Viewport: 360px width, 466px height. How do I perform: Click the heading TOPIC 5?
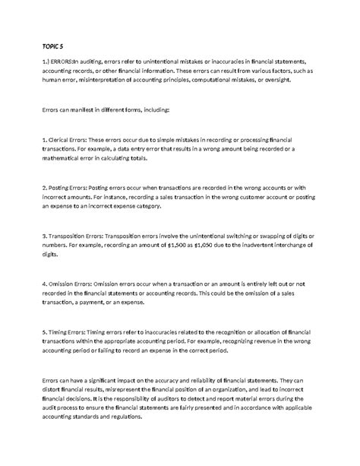(x=52, y=46)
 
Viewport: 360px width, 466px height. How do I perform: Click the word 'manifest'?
(x=83, y=109)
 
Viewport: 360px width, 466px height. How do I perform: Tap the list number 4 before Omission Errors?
(x=44, y=282)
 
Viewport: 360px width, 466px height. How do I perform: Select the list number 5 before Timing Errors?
(x=44, y=331)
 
